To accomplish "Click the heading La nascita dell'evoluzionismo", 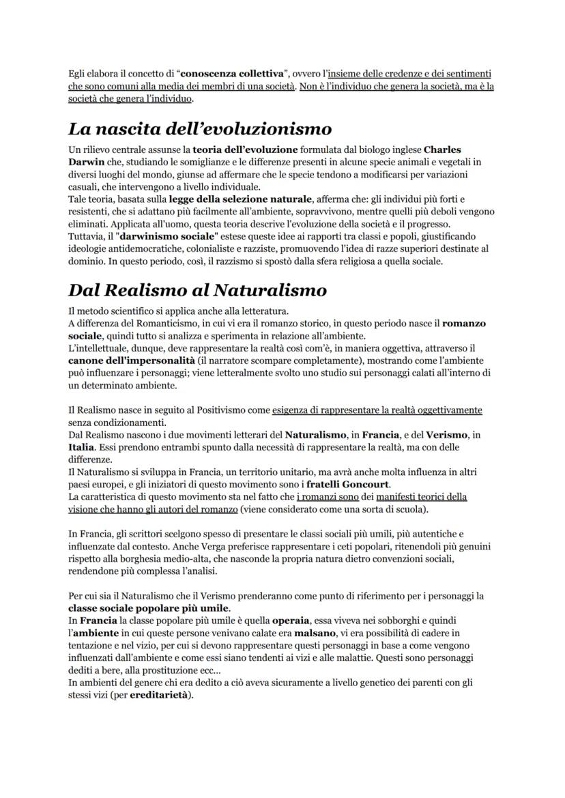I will [x=200, y=128].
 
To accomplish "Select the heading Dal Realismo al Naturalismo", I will [x=197, y=289].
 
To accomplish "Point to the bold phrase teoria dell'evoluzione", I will [x=245, y=148].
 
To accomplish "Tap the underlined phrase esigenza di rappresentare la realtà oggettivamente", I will [x=377, y=410].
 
